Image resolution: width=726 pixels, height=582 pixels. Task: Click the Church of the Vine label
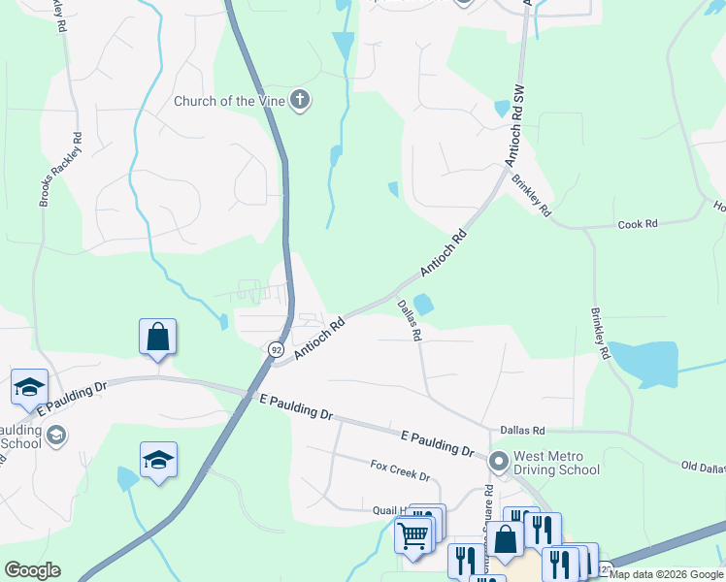(230, 101)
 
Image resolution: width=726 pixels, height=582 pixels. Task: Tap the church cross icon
(300, 100)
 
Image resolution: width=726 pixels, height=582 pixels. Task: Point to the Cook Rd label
(638, 224)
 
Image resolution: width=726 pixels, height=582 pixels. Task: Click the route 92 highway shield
(277, 348)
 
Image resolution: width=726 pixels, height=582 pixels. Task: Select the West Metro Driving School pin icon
(500, 461)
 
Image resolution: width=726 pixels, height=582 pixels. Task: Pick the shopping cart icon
(413, 533)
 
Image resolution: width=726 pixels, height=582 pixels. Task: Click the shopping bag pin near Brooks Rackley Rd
(158, 339)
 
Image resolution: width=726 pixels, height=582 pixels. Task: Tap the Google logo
(32, 570)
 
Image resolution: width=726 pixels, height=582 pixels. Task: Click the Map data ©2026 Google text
(666, 574)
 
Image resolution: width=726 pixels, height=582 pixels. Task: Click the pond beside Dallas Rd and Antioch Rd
(423, 304)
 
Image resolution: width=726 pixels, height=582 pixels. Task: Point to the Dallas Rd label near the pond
(410, 319)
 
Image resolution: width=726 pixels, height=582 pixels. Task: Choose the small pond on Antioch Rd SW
(502, 109)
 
